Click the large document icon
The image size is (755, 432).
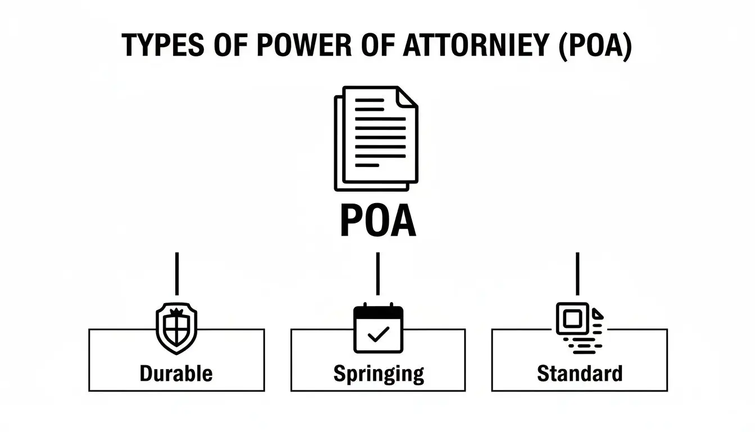click(376, 138)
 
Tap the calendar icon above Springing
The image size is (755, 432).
click(377, 329)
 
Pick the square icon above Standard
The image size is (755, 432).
click(572, 319)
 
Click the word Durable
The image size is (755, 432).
click(176, 373)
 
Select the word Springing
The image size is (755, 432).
click(378, 373)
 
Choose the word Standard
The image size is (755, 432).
click(579, 373)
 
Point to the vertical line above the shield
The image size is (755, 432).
click(177, 273)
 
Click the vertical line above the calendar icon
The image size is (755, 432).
click(377, 273)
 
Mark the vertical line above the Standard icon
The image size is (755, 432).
click(578, 273)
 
